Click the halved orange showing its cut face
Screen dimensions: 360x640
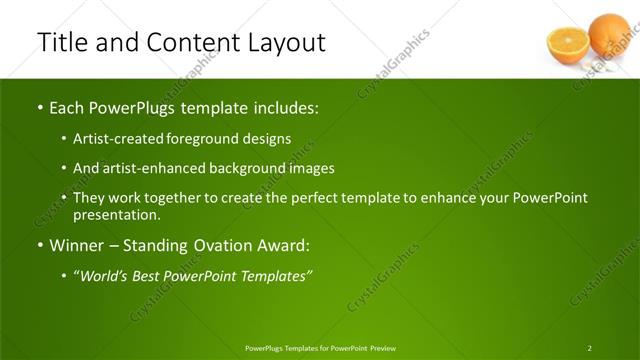(567, 45)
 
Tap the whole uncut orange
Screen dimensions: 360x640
(608, 33)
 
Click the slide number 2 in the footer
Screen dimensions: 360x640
(589, 348)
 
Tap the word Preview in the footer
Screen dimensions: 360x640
(382, 348)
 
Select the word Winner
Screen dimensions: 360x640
(79, 245)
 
